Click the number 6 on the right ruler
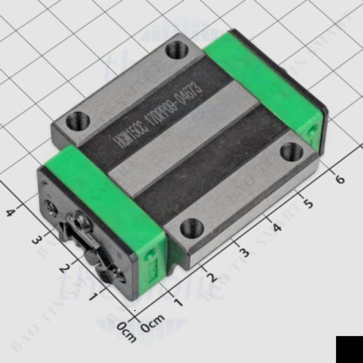[339, 179]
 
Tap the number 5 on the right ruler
[308, 204]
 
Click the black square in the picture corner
[349, 349]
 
